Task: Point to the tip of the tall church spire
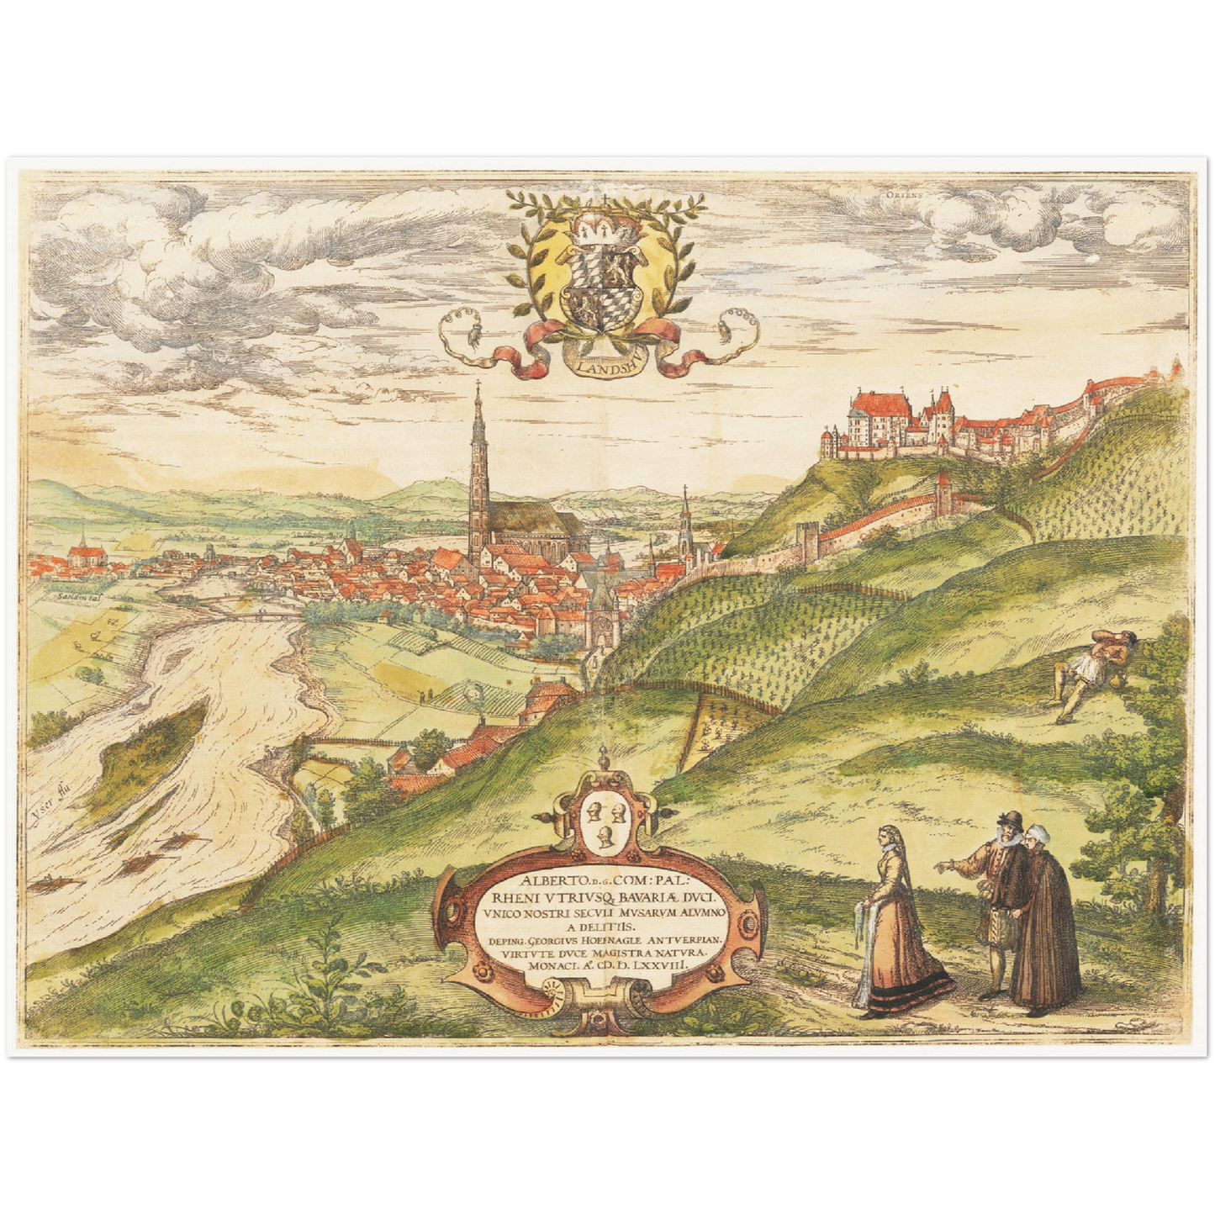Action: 478,385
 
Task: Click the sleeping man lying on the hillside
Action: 1093,670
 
